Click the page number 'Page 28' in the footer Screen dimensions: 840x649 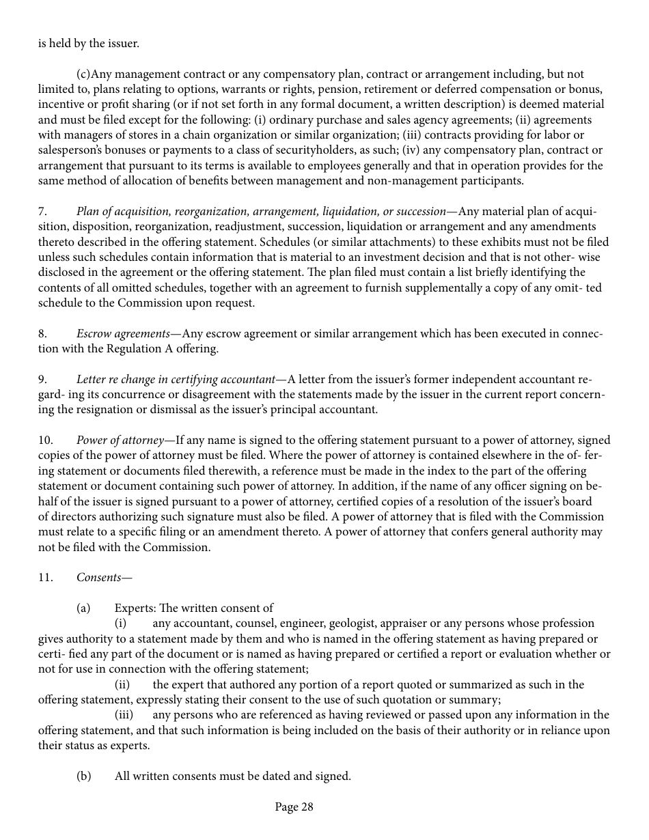point(294,807)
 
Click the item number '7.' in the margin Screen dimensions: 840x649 point(42,211)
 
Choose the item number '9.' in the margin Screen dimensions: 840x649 point(42,379)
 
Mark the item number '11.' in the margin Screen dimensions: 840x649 point(45,577)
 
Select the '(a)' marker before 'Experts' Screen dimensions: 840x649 point(83,608)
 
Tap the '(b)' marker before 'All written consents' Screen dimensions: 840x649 point(83,776)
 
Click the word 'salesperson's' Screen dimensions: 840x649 point(70,150)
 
